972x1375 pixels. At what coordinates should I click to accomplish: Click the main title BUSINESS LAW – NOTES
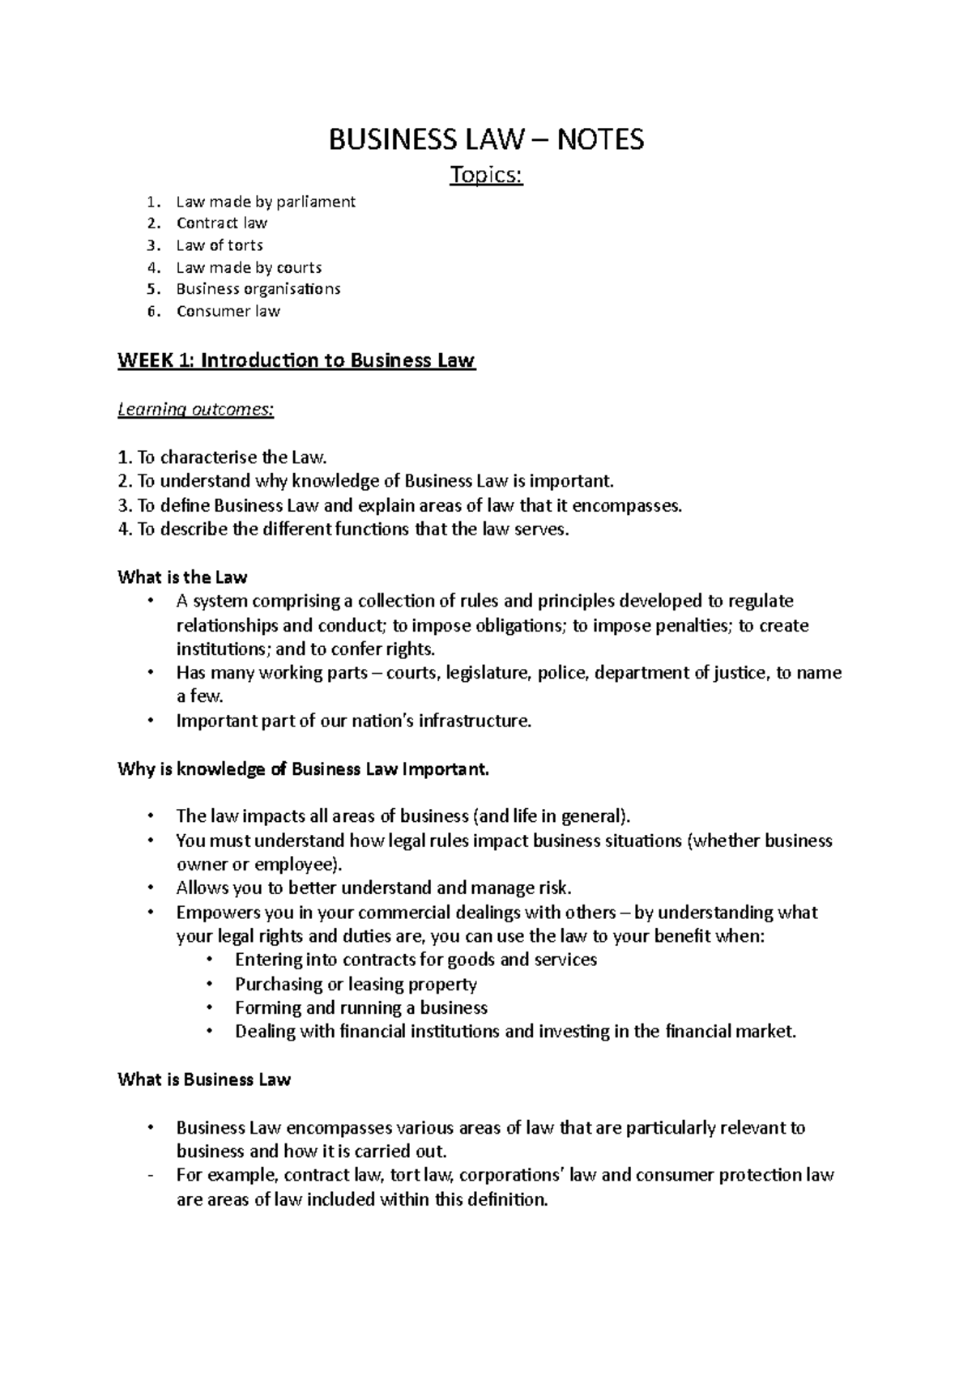point(486,140)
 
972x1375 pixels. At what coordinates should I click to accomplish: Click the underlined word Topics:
point(486,175)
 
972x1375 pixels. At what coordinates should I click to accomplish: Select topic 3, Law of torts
point(220,245)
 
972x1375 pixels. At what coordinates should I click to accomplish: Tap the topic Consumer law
point(228,311)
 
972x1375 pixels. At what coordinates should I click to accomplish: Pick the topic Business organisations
point(258,289)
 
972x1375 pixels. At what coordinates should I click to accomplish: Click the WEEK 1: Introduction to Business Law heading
point(296,361)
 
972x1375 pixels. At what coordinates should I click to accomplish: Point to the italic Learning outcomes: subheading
point(195,410)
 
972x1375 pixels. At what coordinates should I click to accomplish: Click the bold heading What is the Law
point(182,578)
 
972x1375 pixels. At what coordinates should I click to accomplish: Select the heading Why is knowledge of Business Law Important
point(304,769)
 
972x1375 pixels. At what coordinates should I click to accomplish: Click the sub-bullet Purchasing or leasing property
point(356,985)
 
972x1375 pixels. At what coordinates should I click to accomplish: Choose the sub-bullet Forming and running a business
point(360,1008)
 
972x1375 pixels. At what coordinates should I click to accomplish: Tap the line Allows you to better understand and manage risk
point(374,888)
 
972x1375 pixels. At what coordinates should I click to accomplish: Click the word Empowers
point(213,913)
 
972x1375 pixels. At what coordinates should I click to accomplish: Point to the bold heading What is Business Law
point(204,1080)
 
